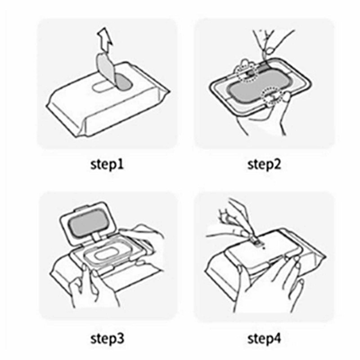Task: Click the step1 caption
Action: click(107, 164)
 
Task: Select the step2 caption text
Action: click(264, 164)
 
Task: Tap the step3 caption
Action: click(107, 337)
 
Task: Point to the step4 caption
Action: click(264, 337)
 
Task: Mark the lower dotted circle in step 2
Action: click(274, 95)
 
